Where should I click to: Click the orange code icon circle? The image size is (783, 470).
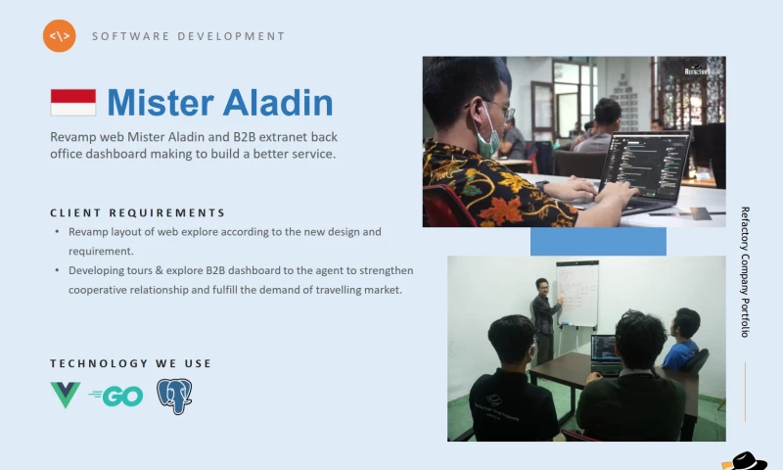60,36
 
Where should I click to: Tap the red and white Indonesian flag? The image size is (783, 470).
73,103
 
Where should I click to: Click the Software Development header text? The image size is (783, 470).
188,36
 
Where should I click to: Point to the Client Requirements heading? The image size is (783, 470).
138,212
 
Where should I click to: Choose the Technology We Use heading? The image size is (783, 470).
131,363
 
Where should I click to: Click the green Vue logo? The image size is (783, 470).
66,396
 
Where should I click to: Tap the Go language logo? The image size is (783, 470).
116,397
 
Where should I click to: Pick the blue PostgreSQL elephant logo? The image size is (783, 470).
175,397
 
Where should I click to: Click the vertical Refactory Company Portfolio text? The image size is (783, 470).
745,271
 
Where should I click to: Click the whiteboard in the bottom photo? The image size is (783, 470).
577,293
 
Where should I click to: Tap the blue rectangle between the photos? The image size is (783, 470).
598,241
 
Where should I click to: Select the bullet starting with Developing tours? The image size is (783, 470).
241,280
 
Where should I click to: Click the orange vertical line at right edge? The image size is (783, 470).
745,392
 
